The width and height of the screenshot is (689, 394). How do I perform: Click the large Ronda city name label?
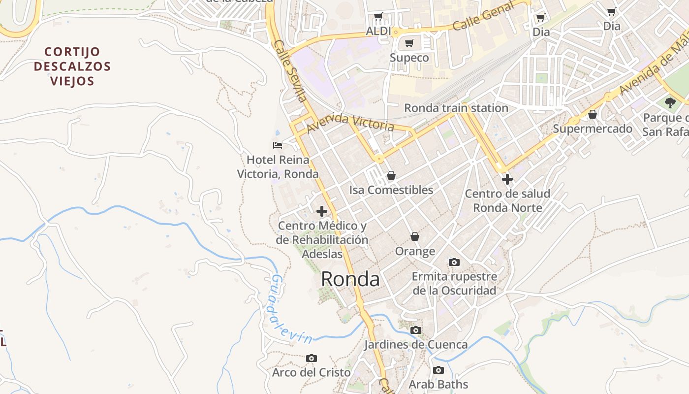[350, 279]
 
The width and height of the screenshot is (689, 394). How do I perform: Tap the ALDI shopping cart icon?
[378, 17]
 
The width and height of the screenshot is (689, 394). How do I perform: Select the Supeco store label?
[409, 58]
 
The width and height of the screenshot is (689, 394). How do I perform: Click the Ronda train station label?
[456, 108]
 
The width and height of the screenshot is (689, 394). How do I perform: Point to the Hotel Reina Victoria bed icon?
[278, 145]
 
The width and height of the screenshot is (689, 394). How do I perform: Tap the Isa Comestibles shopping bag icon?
[391, 175]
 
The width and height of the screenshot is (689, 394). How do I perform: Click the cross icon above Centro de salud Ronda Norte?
[507, 179]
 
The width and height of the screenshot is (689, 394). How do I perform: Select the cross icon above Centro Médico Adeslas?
[322, 212]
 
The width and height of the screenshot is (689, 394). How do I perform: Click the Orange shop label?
[415, 251]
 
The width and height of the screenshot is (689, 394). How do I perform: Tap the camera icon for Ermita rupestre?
[454, 262]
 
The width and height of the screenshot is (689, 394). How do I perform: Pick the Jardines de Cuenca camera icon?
[416, 330]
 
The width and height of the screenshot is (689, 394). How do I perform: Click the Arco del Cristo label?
[312, 372]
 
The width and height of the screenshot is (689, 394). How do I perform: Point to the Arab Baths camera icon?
[438, 370]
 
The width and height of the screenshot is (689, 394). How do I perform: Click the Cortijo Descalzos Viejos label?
[72, 66]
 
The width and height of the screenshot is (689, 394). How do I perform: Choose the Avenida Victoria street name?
[350, 123]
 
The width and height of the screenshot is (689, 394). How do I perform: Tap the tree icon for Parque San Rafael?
[670, 102]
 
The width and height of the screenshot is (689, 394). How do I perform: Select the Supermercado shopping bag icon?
[593, 114]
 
